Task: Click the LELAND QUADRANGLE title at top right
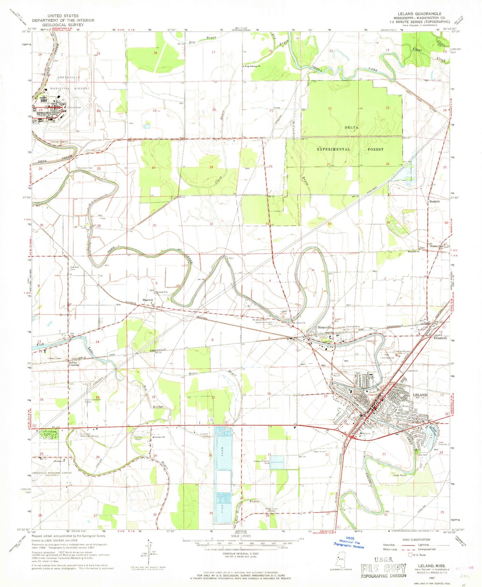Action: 419,14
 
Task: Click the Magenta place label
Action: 148,300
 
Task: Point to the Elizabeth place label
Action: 440,338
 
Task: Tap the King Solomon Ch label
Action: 253,66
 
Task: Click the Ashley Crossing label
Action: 74,364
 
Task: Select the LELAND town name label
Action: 420,395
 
